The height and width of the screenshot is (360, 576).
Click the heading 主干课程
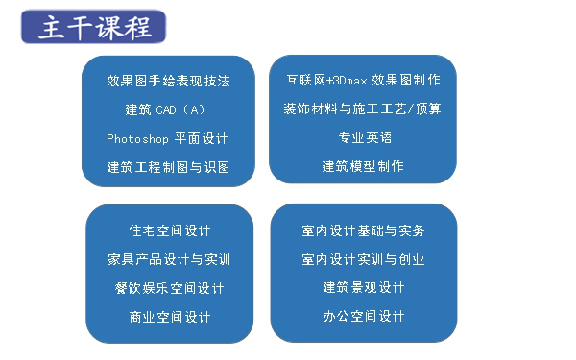click(94, 26)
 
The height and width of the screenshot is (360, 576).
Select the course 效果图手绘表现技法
click(168, 81)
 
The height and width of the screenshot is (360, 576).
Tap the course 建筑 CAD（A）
click(166, 109)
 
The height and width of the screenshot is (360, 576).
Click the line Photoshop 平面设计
click(167, 138)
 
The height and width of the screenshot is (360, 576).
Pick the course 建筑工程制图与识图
click(168, 167)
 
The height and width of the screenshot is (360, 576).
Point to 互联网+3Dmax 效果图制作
click(364, 80)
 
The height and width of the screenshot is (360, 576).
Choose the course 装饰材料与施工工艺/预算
click(363, 108)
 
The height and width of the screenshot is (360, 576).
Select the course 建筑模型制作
click(363, 166)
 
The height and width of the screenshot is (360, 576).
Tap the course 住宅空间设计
click(169, 230)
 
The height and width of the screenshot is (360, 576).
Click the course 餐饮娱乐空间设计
click(169, 288)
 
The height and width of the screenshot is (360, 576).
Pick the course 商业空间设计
click(169, 317)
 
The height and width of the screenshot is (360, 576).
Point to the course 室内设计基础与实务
click(362, 230)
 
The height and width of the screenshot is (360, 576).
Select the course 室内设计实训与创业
click(362, 259)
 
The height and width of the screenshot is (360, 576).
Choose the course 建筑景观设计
click(363, 288)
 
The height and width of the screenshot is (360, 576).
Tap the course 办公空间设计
click(363, 316)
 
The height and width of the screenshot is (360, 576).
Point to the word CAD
click(167, 109)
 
